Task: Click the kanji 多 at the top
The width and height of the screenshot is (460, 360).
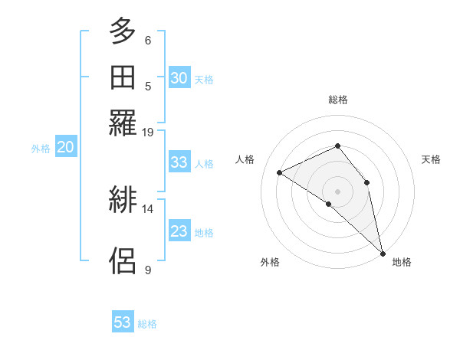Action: [123, 32]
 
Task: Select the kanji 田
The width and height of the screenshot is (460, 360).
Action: [123, 77]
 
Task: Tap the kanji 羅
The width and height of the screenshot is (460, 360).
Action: [123, 123]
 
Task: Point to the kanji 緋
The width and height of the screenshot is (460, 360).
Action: [123, 201]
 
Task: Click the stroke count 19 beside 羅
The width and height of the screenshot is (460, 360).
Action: [148, 132]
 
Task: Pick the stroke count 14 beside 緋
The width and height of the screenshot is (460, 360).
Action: [148, 208]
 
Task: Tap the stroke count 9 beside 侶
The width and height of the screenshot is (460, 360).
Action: [148, 269]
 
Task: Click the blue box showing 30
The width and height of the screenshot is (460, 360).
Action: [179, 77]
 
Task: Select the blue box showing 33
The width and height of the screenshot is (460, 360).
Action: [179, 162]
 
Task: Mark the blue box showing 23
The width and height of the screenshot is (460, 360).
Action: [179, 231]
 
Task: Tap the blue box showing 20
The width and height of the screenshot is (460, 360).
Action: [65, 148]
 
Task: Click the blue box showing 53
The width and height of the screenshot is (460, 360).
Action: [123, 322]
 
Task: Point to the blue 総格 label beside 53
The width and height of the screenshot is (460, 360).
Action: [147, 324]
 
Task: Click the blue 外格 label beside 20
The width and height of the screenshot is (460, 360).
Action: [41, 149]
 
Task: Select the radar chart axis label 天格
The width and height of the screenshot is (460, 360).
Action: [431, 159]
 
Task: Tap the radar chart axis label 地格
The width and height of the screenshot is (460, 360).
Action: [402, 262]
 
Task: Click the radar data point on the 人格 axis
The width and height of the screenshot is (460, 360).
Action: [280, 172]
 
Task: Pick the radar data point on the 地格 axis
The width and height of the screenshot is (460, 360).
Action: [383, 253]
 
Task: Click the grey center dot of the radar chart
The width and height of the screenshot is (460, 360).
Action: [337, 191]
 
